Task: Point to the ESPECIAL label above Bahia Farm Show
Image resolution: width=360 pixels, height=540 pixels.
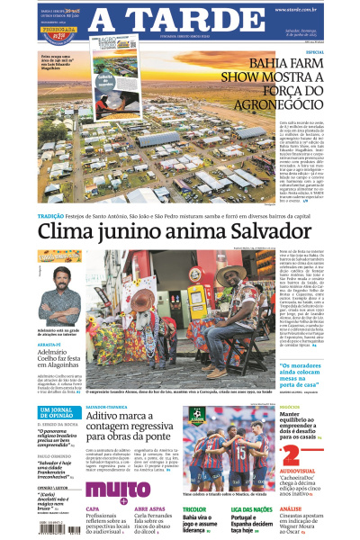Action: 314,51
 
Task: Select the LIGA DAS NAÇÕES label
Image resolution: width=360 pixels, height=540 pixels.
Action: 253,508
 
